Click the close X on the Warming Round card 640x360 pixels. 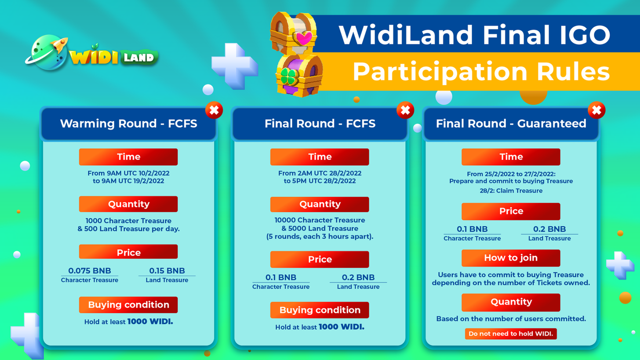click(214, 110)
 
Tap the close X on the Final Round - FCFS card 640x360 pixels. click(405, 110)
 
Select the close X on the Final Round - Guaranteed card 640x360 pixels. click(596, 110)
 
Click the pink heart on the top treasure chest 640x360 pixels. click(303, 38)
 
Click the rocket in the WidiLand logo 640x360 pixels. click(59, 45)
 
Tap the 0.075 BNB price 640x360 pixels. click(89, 270)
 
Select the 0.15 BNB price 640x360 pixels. click(167, 270)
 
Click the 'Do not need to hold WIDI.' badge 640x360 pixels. click(511, 333)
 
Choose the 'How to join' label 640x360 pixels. click(511, 258)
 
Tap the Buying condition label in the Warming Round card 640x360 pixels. click(128, 305)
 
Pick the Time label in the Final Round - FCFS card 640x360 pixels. click(319, 157)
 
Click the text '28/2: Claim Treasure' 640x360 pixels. click(511, 190)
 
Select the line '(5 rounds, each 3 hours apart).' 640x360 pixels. click(319, 236)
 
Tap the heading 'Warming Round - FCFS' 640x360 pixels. click(128, 123)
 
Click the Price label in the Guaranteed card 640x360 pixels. click(511, 211)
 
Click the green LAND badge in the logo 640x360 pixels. click(139, 57)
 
